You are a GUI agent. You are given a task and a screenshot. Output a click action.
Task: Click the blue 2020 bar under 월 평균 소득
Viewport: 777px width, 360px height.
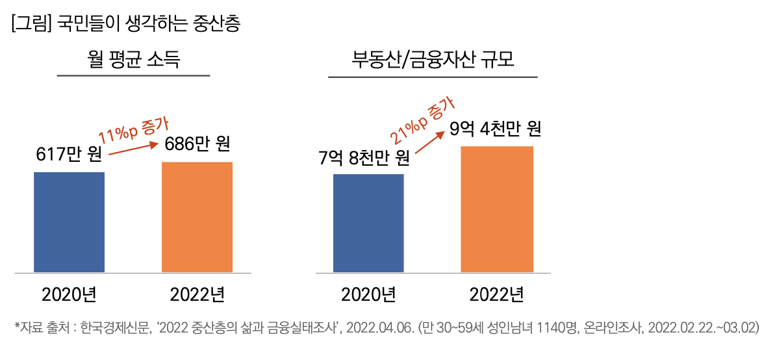[69, 222]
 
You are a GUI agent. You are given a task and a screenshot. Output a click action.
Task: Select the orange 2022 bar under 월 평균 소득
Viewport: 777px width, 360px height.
[197, 216]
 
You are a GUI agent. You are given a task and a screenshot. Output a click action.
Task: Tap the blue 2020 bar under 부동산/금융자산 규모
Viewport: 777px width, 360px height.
[368, 223]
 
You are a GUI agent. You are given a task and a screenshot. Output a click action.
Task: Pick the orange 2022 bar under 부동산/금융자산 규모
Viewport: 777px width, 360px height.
[497, 209]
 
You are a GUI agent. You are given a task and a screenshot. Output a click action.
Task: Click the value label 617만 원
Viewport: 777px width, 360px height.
[69, 156]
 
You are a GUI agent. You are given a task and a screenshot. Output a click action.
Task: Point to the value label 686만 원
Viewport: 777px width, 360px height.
[197, 144]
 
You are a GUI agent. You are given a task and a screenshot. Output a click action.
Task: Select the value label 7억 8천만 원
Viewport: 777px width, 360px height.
[364, 158]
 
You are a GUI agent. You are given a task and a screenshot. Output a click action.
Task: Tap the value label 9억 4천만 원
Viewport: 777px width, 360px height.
[496, 129]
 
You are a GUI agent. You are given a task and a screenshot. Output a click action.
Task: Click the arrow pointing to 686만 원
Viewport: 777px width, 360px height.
[134, 148]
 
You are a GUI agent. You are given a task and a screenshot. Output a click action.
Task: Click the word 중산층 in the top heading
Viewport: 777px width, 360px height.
[217, 25]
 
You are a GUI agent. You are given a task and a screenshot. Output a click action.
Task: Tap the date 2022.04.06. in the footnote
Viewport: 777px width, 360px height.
[381, 328]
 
